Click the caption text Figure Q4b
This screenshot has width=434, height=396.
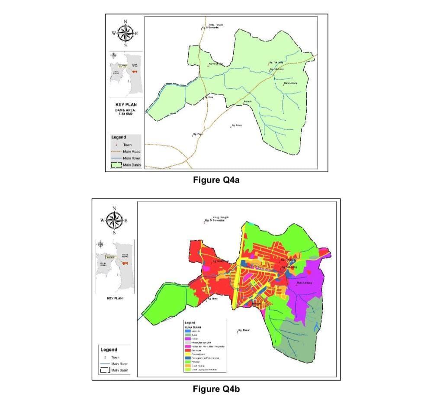pyautogui.click(x=216, y=389)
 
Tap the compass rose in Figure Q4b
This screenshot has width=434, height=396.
pyautogui.click(x=114, y=220)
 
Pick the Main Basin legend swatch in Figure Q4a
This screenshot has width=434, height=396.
pyautogui.click(x=116, y=165)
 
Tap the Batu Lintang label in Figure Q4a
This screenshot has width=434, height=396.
pyautogui.click(x=289, y=83)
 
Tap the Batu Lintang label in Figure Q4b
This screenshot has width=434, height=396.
pyautogui.click(x=303, y=283)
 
